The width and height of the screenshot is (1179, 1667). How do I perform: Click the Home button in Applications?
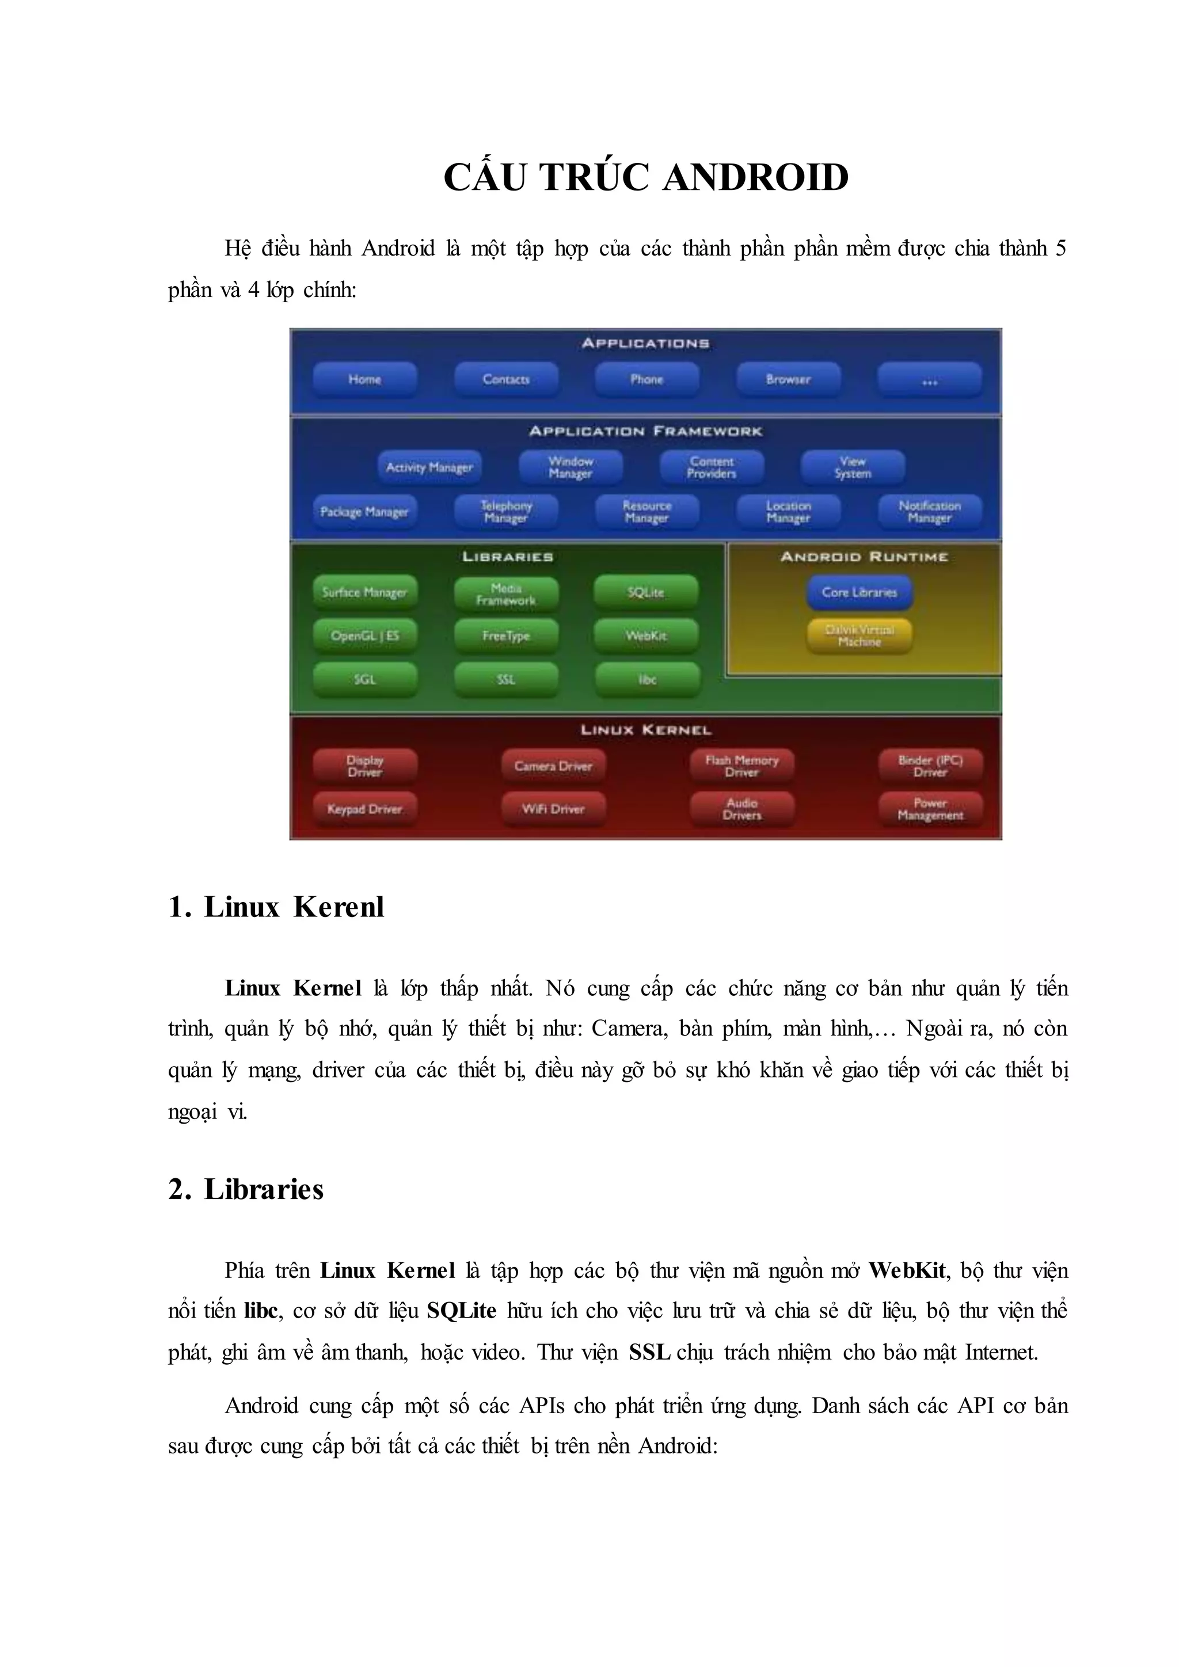[x=364, y=379]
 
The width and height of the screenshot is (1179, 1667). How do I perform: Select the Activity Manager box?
[x=429, y=467]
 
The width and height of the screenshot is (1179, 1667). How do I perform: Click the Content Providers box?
[x=712, y=467]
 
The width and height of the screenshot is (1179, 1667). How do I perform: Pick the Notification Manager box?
[x=929, y=511]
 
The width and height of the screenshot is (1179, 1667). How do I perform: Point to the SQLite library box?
[x=645, y=592]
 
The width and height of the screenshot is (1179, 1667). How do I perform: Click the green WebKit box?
[x=645, y=636]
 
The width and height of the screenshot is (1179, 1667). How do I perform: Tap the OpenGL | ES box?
[x=364, y=636]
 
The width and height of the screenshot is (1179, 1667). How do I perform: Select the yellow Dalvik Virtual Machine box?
[x=859, y=636]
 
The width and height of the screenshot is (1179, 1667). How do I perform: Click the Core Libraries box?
[x=859, y=592]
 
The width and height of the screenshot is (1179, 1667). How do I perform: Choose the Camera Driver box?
[x=553, y=766]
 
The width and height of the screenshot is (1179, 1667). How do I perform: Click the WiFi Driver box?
[x=553, y=809]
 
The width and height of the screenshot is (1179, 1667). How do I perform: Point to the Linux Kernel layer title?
[x=645, y=730]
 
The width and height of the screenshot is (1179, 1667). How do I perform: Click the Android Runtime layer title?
[x=864, y=557]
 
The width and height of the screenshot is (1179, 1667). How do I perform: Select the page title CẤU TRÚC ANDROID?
[x=646, y=177]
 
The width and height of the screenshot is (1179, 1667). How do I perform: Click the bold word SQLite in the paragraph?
[x=461, y=1311]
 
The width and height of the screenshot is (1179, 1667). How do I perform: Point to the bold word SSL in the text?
[x=649, y=1352]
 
